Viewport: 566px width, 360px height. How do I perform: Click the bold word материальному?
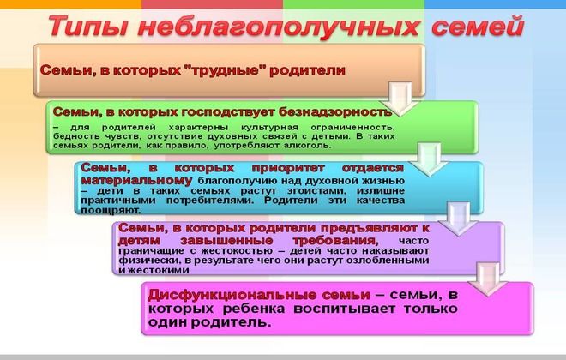(x=137, y=182)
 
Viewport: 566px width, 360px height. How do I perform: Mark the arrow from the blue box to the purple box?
(x=455, y=214)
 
